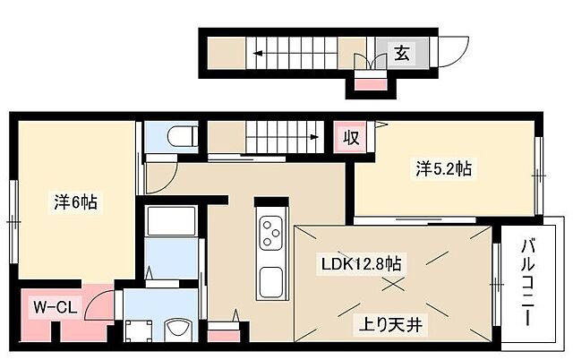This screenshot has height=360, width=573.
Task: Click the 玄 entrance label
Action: pyautogui.click(x=401, y=53)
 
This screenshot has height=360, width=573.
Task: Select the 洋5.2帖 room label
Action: pyautogui.click(x=442, y=167)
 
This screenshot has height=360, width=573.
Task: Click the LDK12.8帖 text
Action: pyautogui.click(x=362, y=265)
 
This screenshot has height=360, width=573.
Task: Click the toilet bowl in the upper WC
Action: pyautogui.click(x=178, y=137)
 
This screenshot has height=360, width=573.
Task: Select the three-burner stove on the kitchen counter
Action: pyautogui.click(x=270, y=235)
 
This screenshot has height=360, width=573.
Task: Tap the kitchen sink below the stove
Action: pyautogui.click(x=270, y=282)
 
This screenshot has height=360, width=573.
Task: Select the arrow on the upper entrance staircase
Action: pyautogui.click(x=257, y=53)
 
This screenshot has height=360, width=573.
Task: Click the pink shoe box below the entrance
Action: pyautogui.click(x=368, y=85)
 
